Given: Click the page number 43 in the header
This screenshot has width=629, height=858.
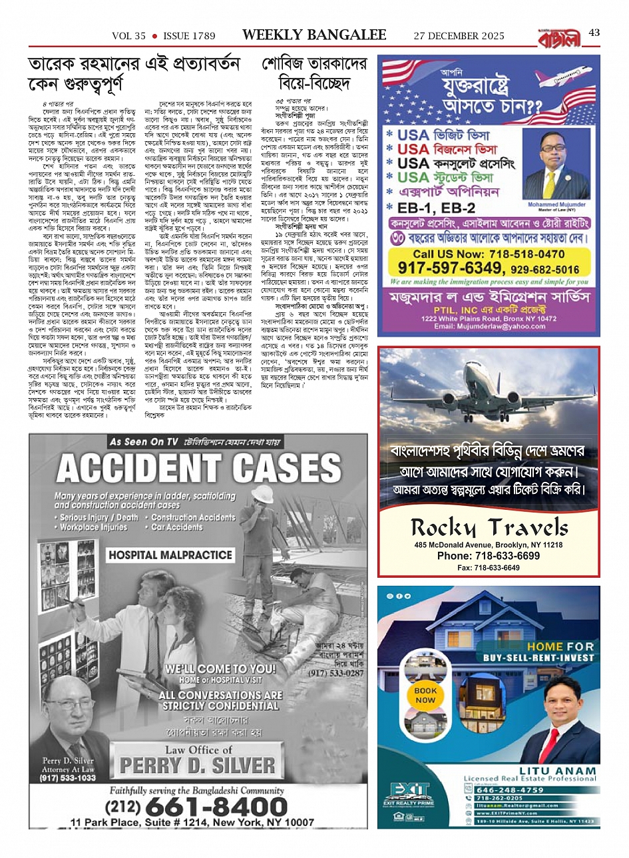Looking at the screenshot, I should pos(594,33).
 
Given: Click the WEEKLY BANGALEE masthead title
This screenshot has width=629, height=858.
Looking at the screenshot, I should pos(314,35).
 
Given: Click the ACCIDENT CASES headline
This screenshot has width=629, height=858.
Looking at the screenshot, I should pos(198,469).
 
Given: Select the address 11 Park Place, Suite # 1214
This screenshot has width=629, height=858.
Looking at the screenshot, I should pos(192,823).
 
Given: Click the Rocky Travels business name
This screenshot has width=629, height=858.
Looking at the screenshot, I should pos(489,529).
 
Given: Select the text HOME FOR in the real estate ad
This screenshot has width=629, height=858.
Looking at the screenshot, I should pos(560,646).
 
